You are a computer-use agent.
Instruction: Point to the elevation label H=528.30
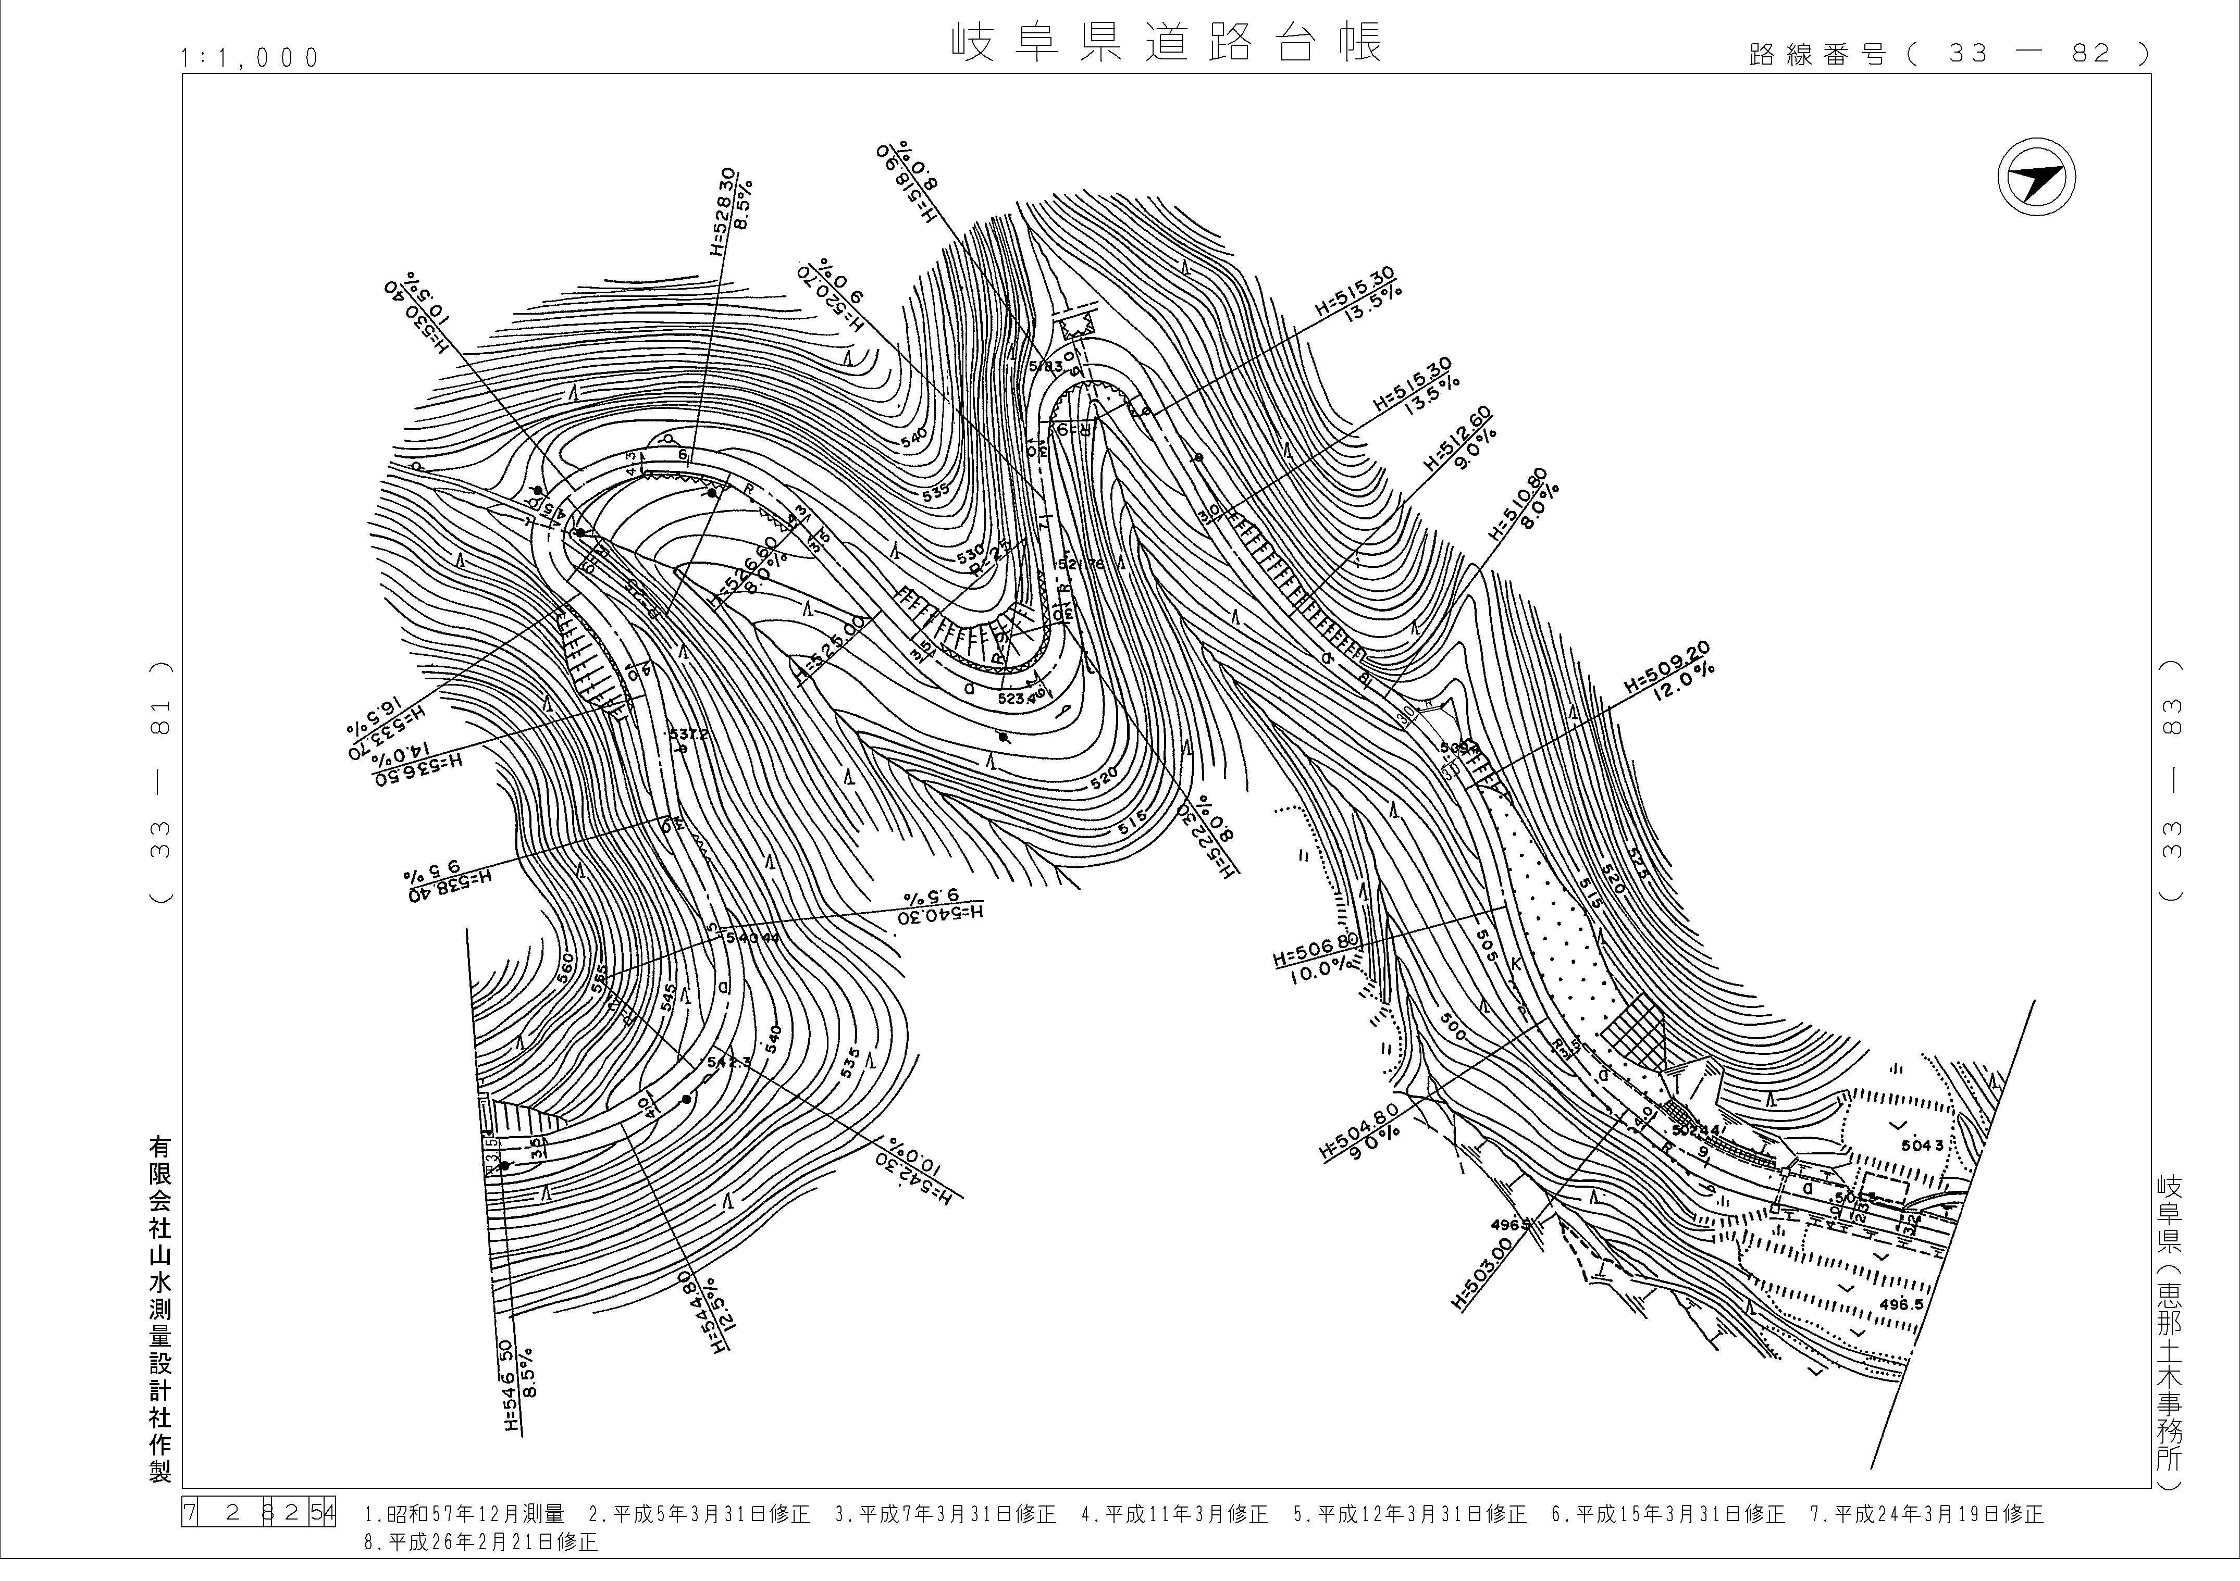tap(723, 210)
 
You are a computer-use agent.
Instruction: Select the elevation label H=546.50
tap(506, 1385)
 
